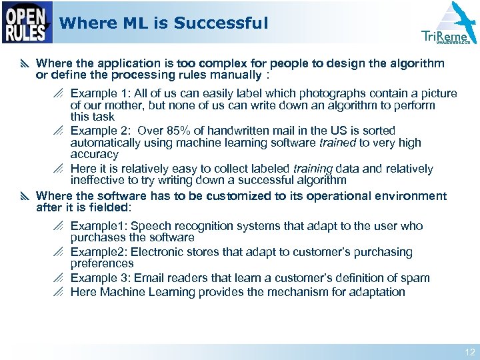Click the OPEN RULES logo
27,23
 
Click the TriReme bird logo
448,25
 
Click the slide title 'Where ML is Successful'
163,23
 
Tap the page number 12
470,352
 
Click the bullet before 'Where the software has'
25,196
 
